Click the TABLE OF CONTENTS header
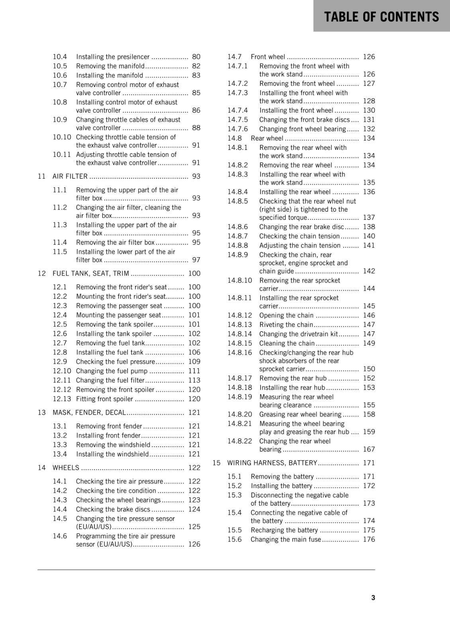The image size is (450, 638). pos(381,17)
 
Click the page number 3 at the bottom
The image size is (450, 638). pos(373,597)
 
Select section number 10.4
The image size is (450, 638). pos(60,57)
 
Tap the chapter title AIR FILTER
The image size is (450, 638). pos(70,176)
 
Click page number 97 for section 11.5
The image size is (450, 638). pos(196,260)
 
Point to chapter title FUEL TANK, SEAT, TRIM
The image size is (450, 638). pos(91,273)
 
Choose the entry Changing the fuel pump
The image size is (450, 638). pos(112,371)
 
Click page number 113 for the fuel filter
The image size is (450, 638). pos(194,380)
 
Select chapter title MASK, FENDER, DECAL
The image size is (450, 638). pos(89,412)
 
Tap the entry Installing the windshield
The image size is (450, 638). pos(112,454)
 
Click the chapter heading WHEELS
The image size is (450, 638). pos(66,467)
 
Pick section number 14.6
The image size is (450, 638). pos(60,536)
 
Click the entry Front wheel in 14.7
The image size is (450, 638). pos(268,57)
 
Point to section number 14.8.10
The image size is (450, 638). pos(240,280)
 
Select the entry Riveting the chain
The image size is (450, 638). pos(286,325)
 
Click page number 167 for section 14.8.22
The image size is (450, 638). pos(369,449)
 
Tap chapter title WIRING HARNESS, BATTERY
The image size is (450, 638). pos(272,463)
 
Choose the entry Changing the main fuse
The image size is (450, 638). pos(286,539)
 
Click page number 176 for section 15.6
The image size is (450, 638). pos(369,539)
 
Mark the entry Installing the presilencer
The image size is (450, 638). pos(113,57)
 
